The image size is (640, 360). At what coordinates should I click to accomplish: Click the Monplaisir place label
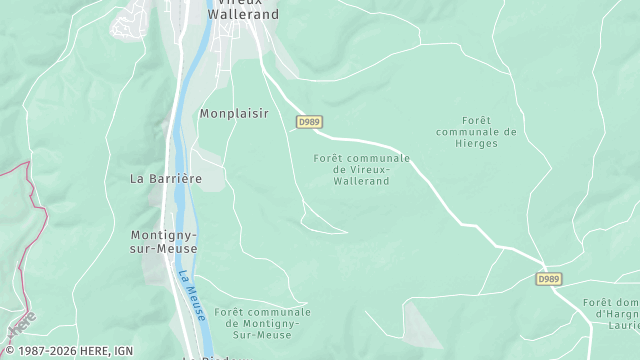(234, 114)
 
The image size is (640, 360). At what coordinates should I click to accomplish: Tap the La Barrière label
(166, 178)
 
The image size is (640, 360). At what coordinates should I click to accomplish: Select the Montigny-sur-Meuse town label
(164, 242)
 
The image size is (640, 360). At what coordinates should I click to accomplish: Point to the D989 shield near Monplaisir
(309, 121)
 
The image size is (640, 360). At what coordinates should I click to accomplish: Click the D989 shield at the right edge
(548, 278)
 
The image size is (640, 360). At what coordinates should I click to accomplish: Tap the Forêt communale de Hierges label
(476, 131)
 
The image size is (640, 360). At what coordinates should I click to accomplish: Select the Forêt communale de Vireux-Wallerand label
(362, 170)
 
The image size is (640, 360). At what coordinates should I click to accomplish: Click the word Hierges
(476, 143)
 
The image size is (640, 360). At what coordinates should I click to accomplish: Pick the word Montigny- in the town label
(164, 235)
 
